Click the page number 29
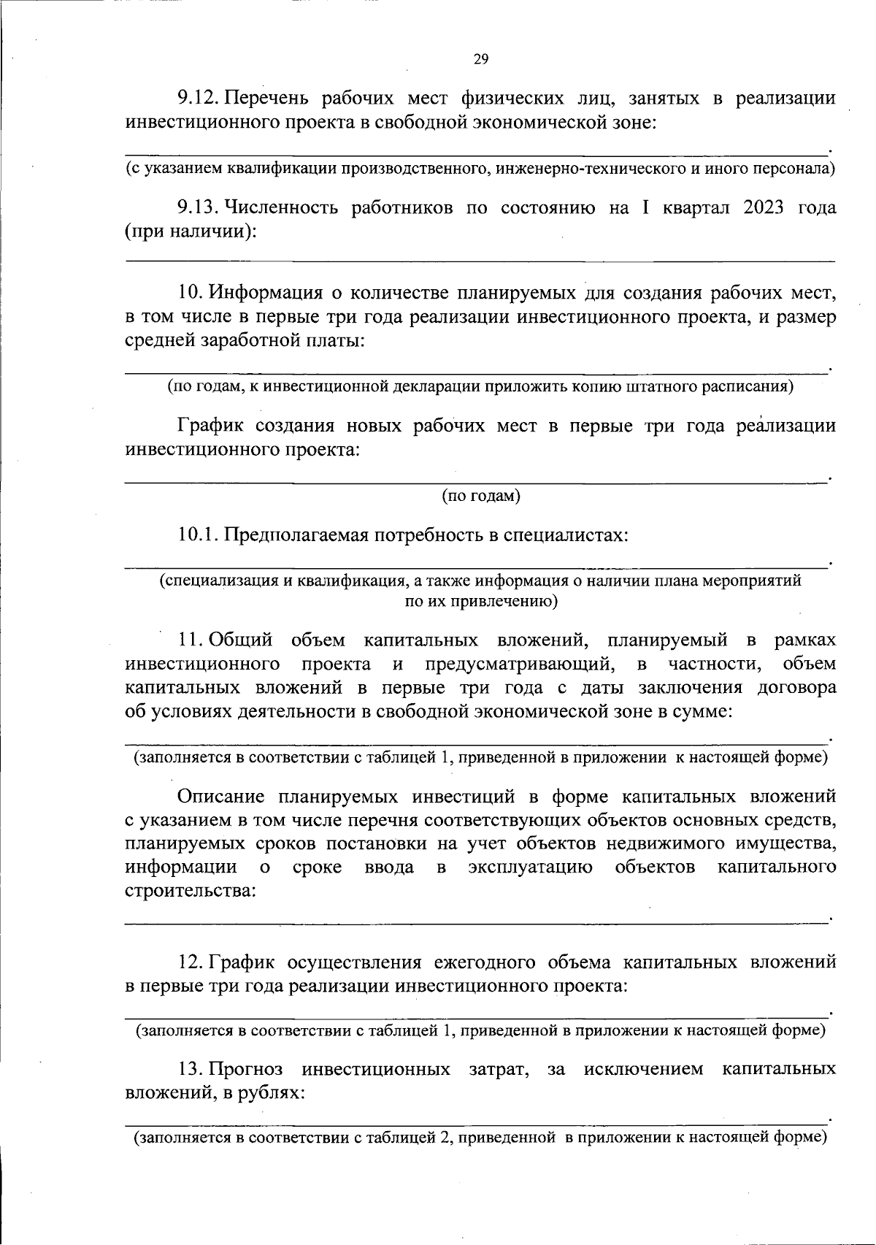[480, 60]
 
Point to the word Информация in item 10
[266, 294]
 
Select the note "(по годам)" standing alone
[480, 497]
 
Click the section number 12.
[191, 962]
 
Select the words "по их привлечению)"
[480, 602]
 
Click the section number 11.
[191, 641]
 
